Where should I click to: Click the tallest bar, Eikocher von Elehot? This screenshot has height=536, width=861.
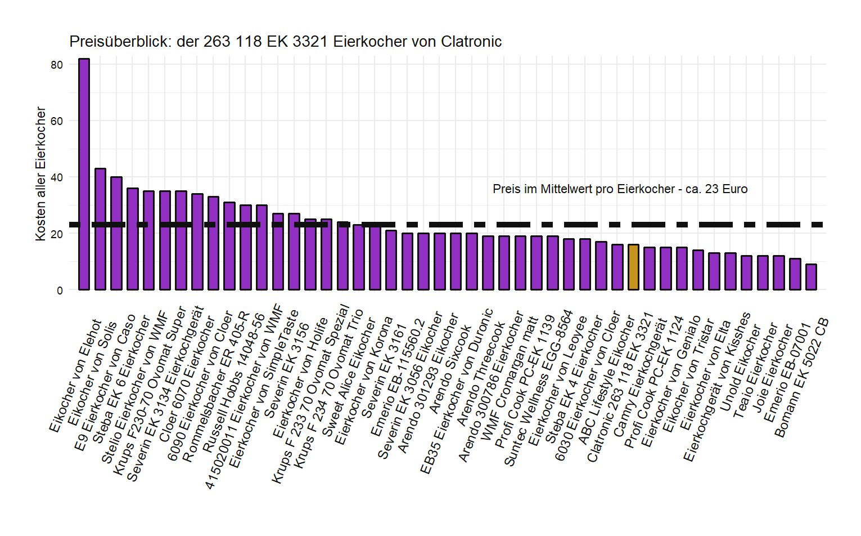coord(84,175)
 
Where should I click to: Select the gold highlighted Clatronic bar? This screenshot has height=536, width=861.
coord(633,267)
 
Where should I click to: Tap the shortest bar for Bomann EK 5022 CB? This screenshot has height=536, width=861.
coord(811,277)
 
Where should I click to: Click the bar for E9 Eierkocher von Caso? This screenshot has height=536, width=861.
coord(116,234)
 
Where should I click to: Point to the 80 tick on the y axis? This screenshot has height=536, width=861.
coord(57,65)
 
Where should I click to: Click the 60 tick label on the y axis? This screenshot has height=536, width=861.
coord(57,121)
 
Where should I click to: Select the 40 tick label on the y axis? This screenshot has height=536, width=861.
coord(57,177)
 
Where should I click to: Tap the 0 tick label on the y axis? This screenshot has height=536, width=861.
coord(60,291)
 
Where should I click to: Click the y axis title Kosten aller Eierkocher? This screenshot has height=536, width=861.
coord(40,174)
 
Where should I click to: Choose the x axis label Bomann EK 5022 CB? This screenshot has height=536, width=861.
coord(801,378)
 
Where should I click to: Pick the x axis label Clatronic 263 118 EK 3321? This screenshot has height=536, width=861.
coord(619,388)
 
